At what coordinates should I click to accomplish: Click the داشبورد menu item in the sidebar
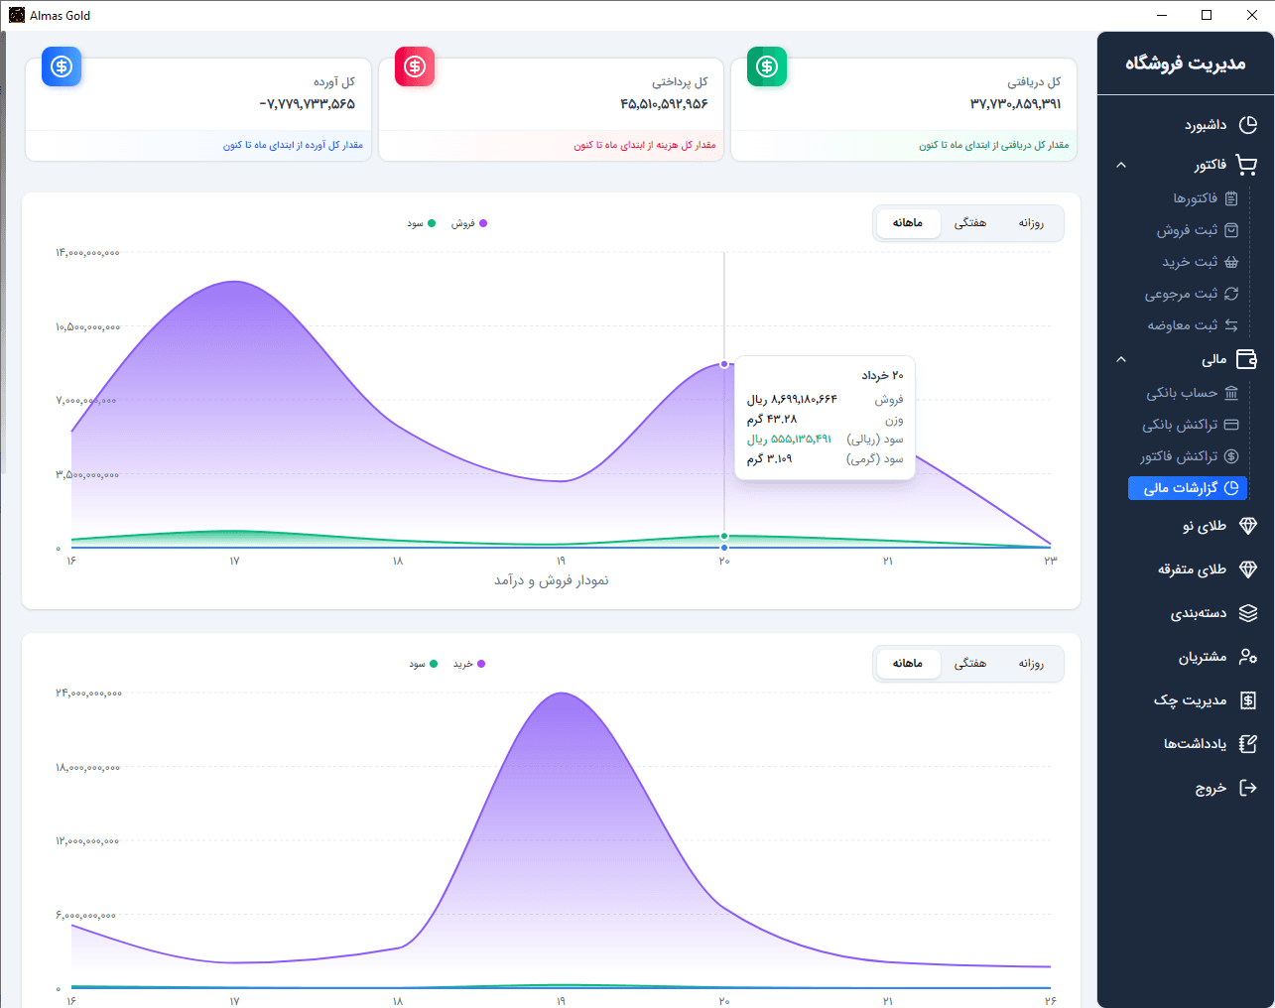click(1219, 125)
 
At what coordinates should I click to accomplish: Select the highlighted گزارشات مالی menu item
click(1188, 488)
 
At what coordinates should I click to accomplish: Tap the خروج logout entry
click(1225, 788)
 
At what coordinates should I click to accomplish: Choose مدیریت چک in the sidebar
click(1206, 700)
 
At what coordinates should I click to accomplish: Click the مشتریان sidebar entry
click(1217, 657)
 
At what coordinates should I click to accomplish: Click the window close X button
click(1251, 16)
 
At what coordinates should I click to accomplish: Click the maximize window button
click(1207, 16)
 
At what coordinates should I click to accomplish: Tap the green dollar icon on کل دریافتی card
click(767, 66)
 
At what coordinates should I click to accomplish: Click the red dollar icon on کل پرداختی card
click(414, 66)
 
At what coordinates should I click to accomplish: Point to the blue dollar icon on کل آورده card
click(62, 66)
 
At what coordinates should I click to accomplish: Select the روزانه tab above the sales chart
click(1031, 223)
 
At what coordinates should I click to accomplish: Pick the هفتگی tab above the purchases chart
click(969, 663)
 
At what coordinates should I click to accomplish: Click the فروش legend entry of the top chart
click(468, 223)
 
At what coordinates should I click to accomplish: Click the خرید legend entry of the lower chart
click(469, 664)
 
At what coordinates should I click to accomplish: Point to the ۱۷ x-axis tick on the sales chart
click(234, 561)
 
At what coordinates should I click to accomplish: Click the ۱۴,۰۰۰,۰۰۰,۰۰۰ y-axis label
click(87, 253)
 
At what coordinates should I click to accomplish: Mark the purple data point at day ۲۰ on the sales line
click(724, 364)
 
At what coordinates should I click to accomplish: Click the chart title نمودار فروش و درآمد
click(551, 580)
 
